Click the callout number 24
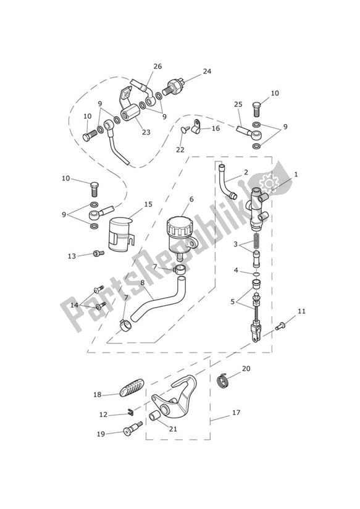tap(207, 71)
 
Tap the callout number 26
tap(157, 66)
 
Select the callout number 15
tap(148, 204)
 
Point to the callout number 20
tap(246, 369)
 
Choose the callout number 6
tap(191, 199)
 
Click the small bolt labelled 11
tap(282, 323)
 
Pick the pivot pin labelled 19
tap(132, 431)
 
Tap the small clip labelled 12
tap(131, 413)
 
